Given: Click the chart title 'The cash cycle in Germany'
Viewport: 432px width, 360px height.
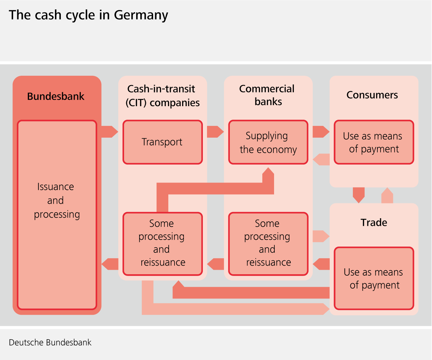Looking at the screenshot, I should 88,15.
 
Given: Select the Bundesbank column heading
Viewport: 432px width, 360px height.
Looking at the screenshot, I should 56,96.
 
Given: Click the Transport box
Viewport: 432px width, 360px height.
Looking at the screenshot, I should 162,142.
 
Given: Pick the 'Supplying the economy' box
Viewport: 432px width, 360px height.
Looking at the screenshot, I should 268,142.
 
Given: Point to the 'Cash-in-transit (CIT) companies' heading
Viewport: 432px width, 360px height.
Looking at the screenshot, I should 162,96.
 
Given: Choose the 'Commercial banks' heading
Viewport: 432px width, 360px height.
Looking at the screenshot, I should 267,95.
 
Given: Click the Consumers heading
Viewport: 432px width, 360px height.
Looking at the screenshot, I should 372,95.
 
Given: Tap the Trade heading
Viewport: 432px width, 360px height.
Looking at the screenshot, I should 374,222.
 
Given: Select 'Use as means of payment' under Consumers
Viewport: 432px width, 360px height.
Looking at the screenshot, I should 374,142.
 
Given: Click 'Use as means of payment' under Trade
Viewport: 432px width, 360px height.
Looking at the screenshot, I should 374,278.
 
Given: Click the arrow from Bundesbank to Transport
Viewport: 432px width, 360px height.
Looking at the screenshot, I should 109,132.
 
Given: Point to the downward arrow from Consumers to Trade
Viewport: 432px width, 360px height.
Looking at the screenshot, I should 359,195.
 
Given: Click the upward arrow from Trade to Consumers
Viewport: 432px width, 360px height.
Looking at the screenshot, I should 387,196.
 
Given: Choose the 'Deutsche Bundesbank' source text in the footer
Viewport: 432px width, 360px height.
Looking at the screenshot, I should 50,343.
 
